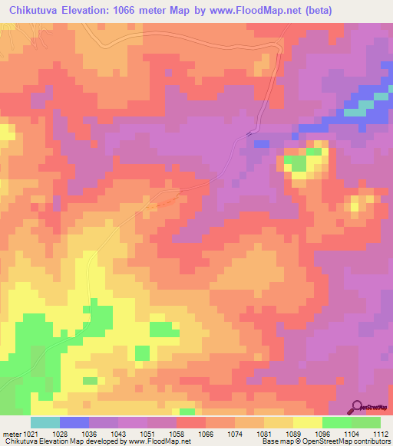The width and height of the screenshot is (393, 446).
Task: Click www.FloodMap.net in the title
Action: (x=279, y=10)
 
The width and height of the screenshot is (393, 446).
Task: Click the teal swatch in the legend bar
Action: (x=45, y=421)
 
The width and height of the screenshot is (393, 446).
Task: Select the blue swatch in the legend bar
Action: (x=74, y=421)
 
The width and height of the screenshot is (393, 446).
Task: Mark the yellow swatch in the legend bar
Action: (x=308, y=421)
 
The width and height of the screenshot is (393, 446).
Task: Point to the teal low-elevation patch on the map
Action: (x=354, y=112)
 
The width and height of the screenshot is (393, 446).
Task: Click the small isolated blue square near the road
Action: (x=261, y=143)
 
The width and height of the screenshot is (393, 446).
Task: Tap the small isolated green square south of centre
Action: (x=142, y=353)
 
